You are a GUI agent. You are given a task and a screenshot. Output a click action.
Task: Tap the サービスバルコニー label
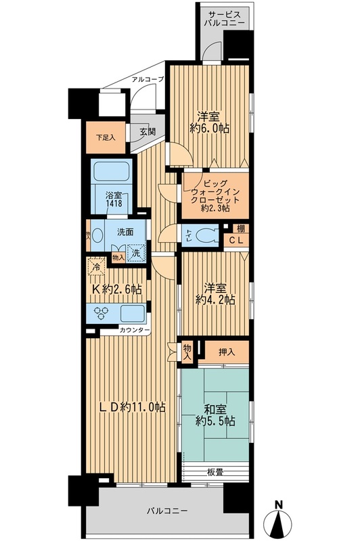tap(227, 18)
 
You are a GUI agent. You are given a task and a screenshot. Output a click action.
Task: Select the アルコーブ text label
tap(148, 79)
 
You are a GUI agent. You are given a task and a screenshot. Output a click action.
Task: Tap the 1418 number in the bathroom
tap(112, 206)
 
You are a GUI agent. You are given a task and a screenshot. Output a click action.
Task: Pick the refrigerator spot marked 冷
tap(97, 266)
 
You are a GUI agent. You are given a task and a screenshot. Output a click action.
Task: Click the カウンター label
tap(135, 331)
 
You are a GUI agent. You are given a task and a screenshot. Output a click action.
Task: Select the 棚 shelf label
tap(241, 228)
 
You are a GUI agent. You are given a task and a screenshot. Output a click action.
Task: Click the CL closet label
tap(235, 241)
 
